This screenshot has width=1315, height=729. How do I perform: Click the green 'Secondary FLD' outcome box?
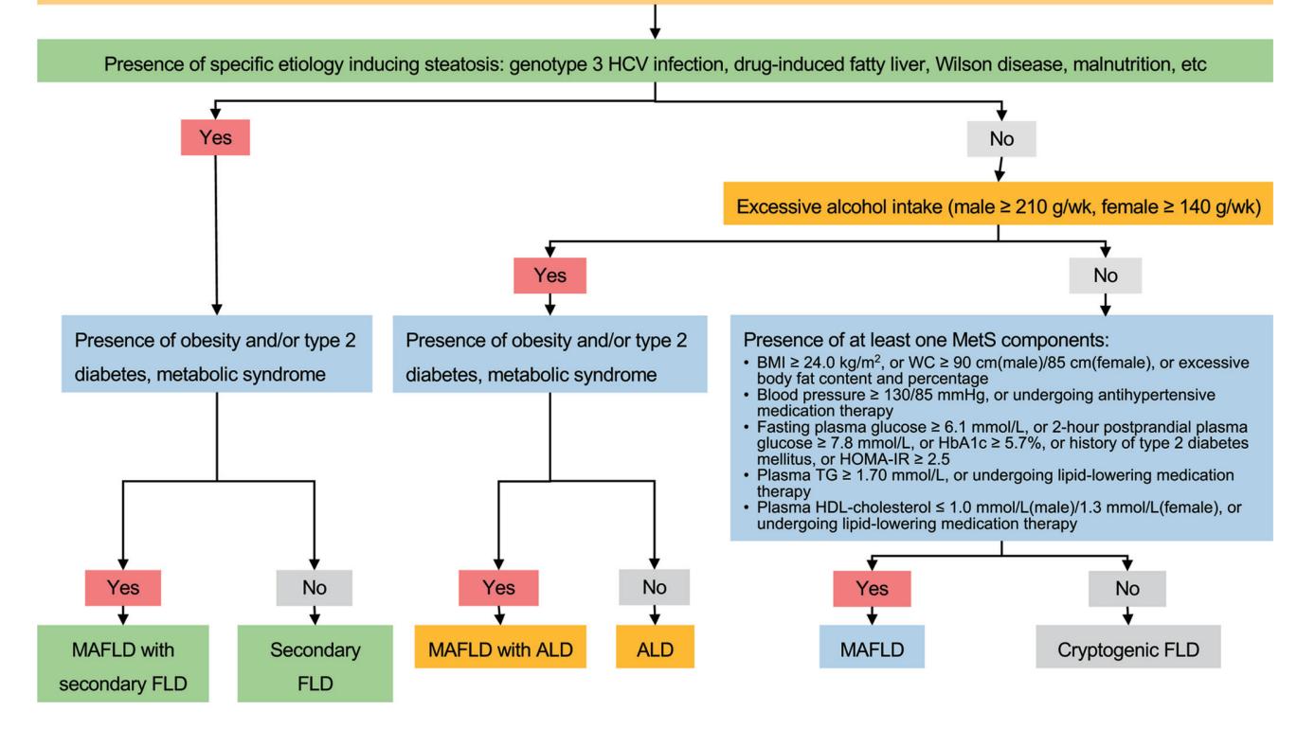point(315,664)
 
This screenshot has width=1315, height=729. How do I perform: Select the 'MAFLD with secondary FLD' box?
point(123,664)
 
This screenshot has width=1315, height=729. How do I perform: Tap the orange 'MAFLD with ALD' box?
point(500,647)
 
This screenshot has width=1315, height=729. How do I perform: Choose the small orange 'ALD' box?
point(656,647)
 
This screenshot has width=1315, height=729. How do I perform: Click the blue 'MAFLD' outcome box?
point(872,647)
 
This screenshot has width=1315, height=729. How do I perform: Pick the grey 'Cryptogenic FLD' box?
point(1128,647)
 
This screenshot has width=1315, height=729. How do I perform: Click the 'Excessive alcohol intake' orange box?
point(998,204)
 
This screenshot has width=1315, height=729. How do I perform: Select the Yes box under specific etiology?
point(215,137)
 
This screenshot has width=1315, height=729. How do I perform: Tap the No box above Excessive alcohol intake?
point(1001,139)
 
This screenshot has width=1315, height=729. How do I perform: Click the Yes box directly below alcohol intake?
point(550,276)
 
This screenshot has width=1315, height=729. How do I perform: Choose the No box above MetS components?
point(1106,276)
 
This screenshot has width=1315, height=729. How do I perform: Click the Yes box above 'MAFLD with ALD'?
point(498,588)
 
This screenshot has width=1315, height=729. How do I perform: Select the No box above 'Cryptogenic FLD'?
point(1127,589)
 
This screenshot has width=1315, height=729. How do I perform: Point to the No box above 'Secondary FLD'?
point(315,588)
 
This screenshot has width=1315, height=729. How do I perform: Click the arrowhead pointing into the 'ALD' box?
point(655,619)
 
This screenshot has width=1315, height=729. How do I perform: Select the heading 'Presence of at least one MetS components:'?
point(927,340)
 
